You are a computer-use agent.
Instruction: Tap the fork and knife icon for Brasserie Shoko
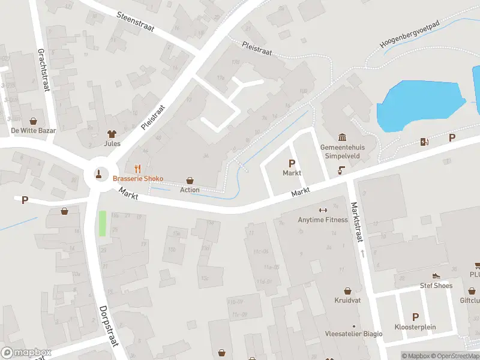click(137, 169)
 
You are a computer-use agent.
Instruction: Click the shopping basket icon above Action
click(190, 181)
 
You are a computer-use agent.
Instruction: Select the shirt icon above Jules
click(112, 134)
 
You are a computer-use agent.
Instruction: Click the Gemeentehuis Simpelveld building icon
click(342, 137)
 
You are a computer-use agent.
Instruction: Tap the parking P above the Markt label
click(292, 163)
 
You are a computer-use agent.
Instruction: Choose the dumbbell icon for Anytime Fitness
click(323, 210)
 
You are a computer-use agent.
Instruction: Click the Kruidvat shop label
click(347, 299)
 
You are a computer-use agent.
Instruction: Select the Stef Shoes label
click(436, 286)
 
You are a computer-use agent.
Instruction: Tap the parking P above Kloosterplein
click(415, 317)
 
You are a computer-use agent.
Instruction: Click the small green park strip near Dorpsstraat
click(102, 224)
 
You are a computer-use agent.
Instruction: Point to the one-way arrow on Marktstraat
click(362, 254)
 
